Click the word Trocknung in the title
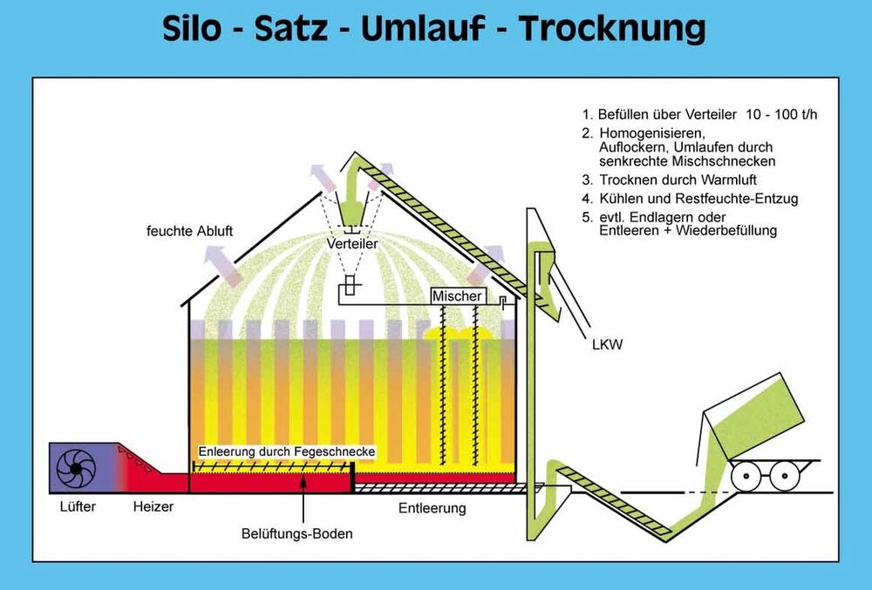612,28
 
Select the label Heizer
153,506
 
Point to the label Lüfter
76,506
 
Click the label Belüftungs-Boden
298,533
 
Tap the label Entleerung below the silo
432,508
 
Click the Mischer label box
457,296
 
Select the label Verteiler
352,245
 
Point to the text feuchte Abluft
190,232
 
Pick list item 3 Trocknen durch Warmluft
671,180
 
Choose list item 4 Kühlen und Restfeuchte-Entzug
691,199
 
